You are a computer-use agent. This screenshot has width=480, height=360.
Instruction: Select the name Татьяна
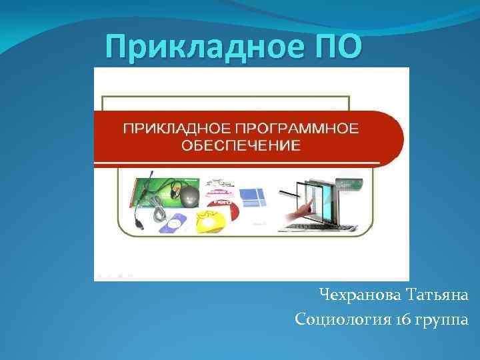(437, 295)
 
